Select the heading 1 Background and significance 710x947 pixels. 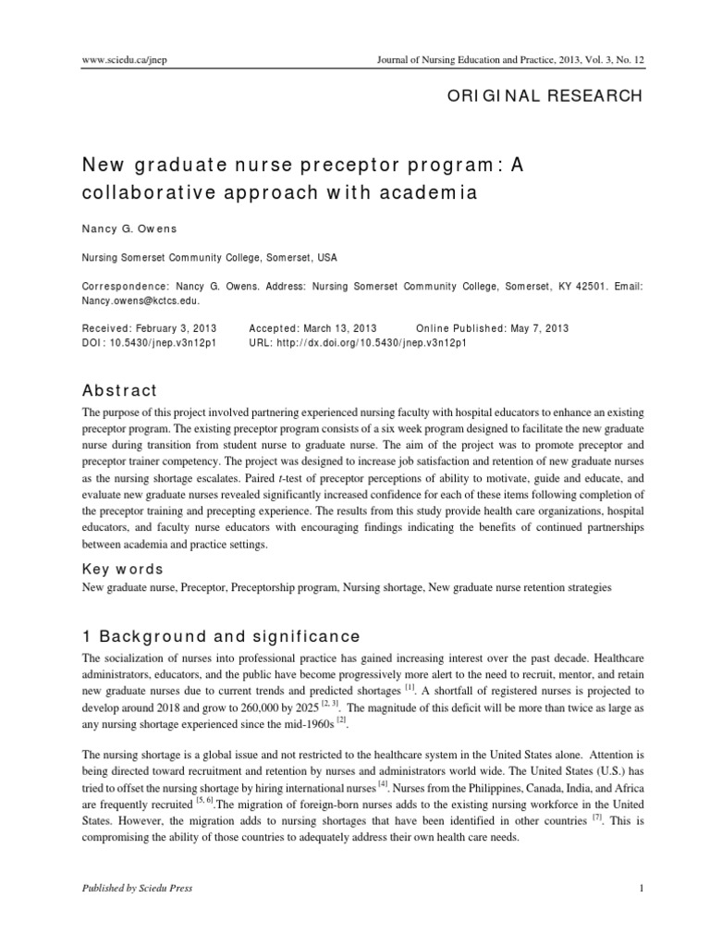[214, 636]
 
